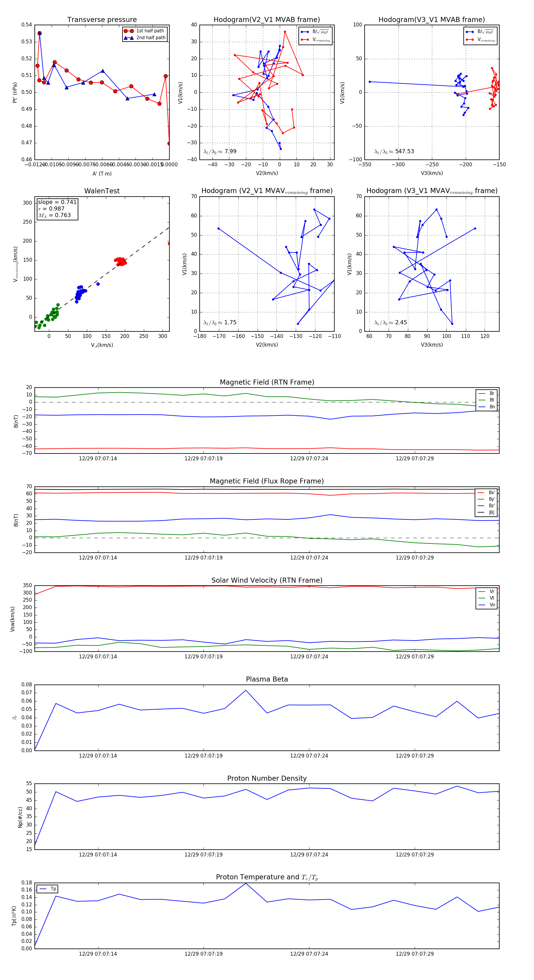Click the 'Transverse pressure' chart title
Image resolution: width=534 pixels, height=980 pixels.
point(102,20)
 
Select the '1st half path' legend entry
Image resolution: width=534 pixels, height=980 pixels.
point(150,31)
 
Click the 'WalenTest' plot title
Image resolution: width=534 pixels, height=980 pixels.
point(102,191)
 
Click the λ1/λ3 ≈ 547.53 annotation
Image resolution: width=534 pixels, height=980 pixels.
point(394,151)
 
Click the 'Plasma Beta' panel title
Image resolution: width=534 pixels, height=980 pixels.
point(267,679)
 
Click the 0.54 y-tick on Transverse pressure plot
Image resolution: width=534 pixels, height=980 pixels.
point(27,25)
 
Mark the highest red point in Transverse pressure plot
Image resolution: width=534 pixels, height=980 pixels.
point(39,33)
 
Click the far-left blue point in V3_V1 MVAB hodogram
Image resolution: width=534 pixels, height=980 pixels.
point(370,82)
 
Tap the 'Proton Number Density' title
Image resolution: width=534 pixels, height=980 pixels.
point(267,778)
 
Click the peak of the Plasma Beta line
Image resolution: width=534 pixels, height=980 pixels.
point(246,690)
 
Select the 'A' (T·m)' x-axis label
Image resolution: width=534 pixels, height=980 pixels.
point(102,173)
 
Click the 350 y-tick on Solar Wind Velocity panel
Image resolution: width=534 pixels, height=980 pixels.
point(27,586)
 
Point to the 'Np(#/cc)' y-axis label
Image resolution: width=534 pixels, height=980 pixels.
point(20,817)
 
